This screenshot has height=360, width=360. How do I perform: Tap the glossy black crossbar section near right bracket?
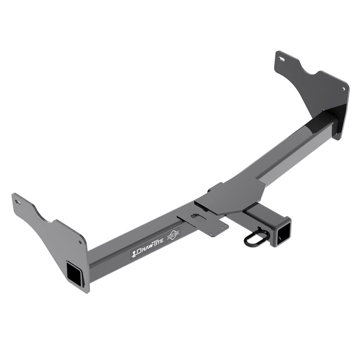[x=320, y=124]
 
